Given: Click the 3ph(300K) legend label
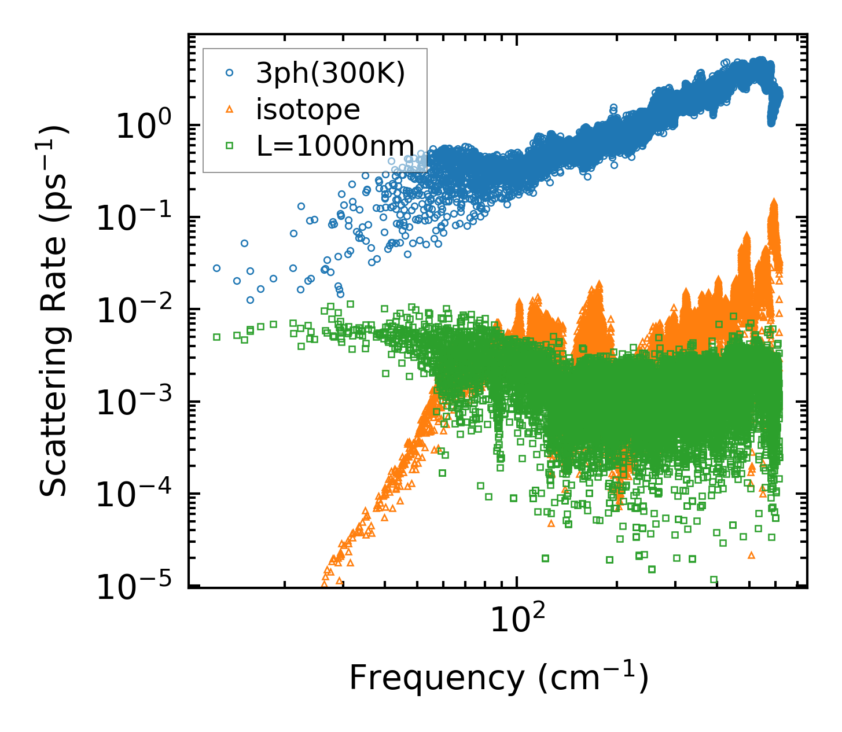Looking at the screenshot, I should point(330,74).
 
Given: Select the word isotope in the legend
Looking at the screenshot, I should point(308,109).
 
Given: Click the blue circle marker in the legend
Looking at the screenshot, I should point(230,73).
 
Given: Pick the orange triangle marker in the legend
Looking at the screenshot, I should point(230,109).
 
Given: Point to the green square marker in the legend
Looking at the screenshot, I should point(230,145).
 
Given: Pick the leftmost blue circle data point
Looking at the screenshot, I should point(216,268).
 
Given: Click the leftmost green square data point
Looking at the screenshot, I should point(216,337).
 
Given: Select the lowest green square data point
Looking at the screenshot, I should point(714,579).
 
